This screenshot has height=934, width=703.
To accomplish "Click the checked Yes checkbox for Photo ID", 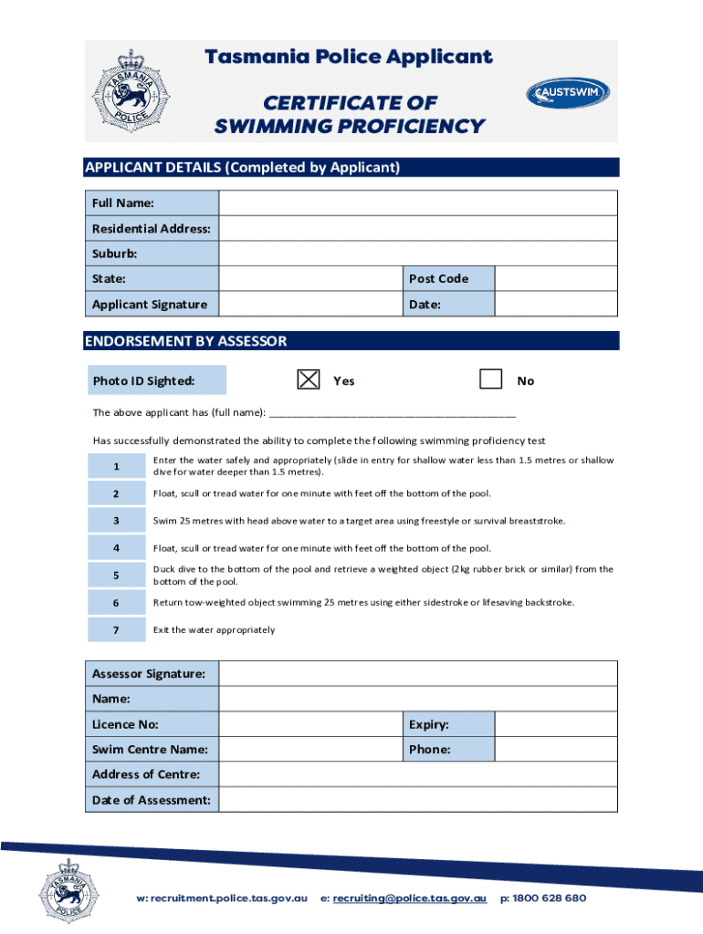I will click(310, 379).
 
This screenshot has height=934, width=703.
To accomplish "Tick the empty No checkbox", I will click(491, 379).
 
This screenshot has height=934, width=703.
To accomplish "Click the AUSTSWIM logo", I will click(567, 93).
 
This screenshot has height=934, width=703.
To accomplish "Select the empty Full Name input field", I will click(418, 202).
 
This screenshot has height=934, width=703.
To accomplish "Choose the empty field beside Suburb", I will click(418, 254).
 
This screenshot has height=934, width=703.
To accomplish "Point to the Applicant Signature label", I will click(150, 305).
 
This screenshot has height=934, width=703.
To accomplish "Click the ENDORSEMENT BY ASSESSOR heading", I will click(186, 341).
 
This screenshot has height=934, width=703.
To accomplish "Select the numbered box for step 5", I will click(116, 576).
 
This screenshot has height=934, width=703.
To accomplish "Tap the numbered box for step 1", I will click(116, 466).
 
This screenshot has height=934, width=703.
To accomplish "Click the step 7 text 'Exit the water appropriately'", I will click(214, 630).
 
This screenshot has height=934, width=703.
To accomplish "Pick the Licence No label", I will click(125, 724).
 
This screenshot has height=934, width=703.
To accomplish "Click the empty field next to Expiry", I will click(556, 724).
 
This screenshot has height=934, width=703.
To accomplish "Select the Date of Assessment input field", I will click(418, 800).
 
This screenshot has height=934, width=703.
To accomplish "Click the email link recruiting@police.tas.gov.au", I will click(409, 898).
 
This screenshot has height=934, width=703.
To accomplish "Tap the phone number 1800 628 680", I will click(550, 898).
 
